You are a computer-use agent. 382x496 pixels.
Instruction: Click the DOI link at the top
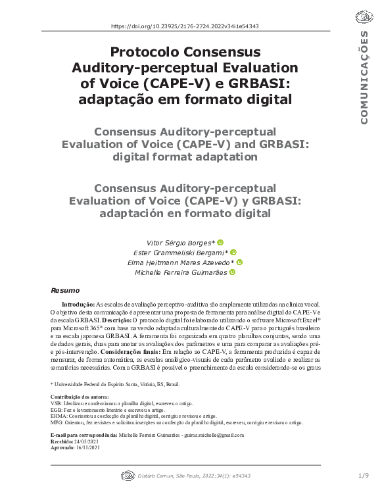185,26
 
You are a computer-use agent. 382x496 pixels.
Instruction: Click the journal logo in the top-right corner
363,18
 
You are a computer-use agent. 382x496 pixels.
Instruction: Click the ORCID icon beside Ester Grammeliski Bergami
233,252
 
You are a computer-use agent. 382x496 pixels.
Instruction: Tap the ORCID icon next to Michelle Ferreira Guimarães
231,272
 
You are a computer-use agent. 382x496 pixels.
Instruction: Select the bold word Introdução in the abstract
78,305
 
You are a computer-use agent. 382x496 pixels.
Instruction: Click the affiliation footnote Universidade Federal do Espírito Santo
116,384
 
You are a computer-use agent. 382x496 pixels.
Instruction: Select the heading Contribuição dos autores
79,398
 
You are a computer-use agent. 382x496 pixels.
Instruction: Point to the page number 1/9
364,475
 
